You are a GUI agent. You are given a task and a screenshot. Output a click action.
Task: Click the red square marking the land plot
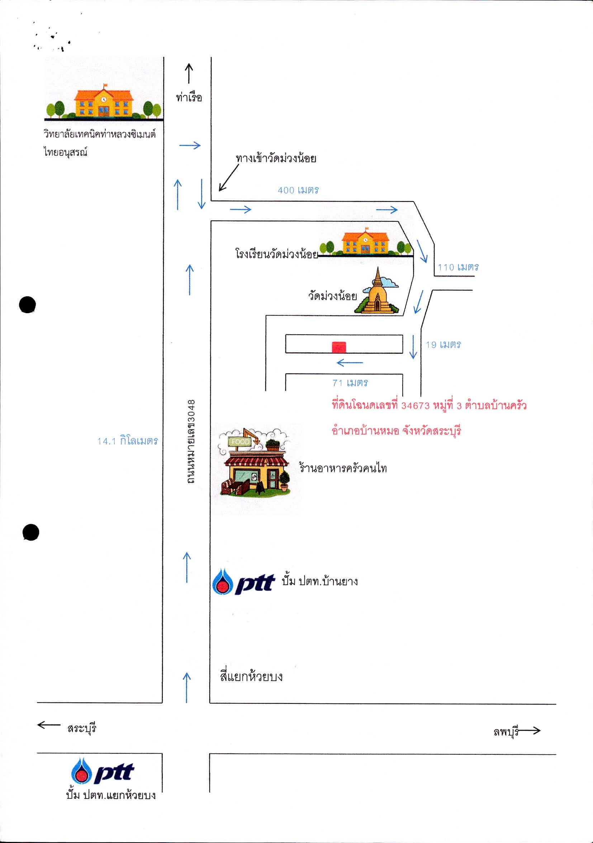pos(339,347)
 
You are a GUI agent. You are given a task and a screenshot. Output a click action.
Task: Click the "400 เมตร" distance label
pos(298,190)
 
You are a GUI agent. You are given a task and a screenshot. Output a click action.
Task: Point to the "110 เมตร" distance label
pos(458,267)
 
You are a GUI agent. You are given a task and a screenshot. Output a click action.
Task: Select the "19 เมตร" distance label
pos(443,344)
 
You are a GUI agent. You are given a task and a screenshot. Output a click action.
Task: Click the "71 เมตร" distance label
pos(350,383)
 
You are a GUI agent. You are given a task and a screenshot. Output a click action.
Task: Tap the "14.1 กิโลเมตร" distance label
pos(128,441)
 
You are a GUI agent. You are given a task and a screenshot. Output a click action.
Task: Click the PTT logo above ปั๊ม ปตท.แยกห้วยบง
pos(103,771)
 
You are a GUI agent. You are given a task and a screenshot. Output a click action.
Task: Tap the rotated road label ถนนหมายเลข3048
pos(190,441)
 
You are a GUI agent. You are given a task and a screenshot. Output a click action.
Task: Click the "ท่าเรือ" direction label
pos(189,97)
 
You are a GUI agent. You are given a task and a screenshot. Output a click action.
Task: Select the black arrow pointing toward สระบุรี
pos(49,725)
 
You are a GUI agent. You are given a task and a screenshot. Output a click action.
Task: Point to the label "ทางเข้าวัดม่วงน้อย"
pos(276,158)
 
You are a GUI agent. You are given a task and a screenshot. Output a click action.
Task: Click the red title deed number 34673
pos(416,405)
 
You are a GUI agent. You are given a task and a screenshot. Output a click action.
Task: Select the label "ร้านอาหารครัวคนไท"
pos(343,468)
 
